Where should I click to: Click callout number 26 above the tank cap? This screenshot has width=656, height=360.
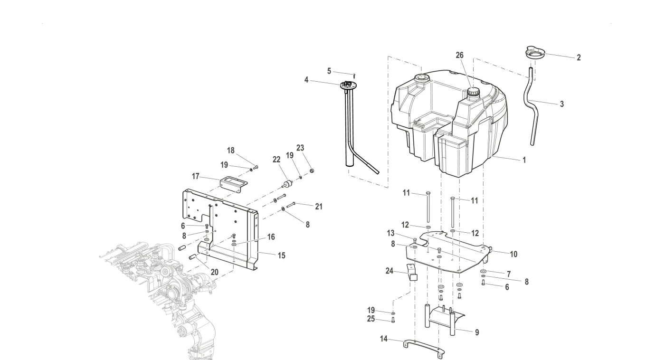coord(459,55)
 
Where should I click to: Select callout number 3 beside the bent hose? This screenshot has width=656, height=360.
coord(561,104)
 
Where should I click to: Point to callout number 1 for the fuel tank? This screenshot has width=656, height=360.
coord(524,160)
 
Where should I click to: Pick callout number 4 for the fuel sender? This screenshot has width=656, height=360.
coord(306,80)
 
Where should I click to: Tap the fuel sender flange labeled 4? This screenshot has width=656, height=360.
coord(348,85)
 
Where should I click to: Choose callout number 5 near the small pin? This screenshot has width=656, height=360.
coord(329,71)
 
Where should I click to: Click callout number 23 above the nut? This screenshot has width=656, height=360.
coord(300,148)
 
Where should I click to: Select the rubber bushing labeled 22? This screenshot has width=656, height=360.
coord(287,184)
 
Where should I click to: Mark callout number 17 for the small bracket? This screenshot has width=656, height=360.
coord(196,176)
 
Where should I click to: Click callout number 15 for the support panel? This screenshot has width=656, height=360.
coord(281,256)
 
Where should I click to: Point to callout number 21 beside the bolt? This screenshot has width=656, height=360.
coord(319,207)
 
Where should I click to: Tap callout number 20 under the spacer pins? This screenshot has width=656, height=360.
coord(215,272)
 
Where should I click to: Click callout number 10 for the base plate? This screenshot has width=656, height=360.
coord(513,254)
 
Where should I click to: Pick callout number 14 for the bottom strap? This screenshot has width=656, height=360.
coord(384,339)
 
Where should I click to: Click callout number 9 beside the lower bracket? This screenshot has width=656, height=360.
coord(477,332)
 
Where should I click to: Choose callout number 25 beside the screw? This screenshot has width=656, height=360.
coord(371,319)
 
